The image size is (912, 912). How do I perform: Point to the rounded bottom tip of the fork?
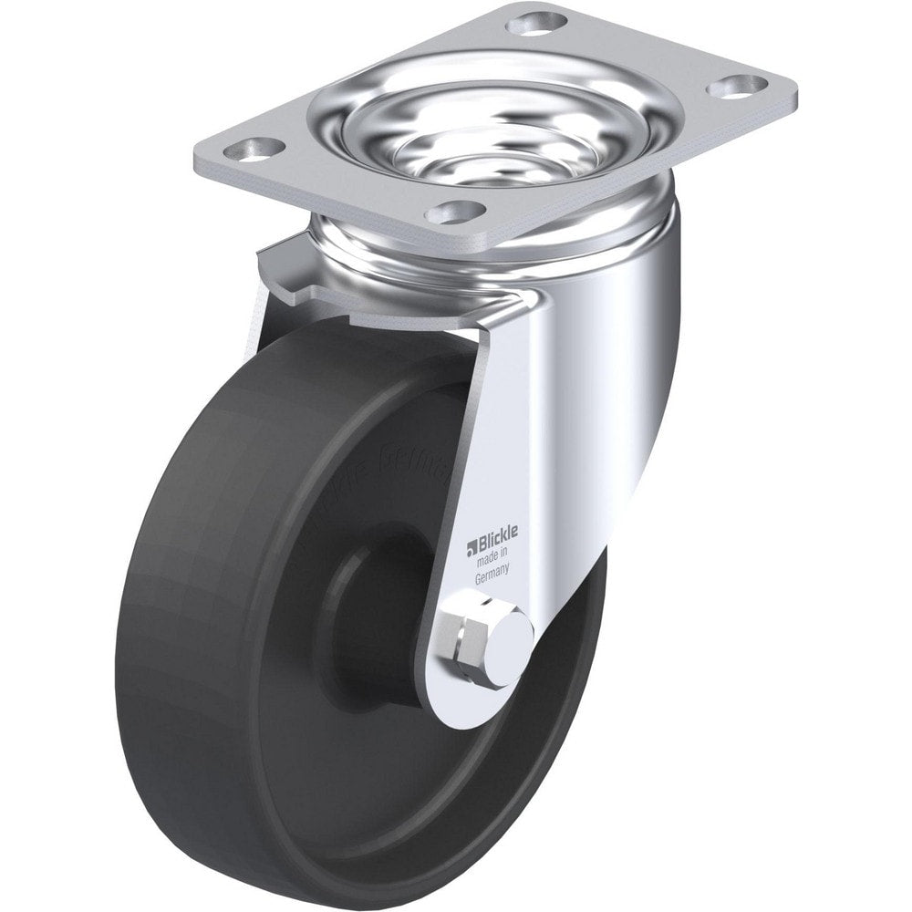pyautogui.click(x=474, y=698)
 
